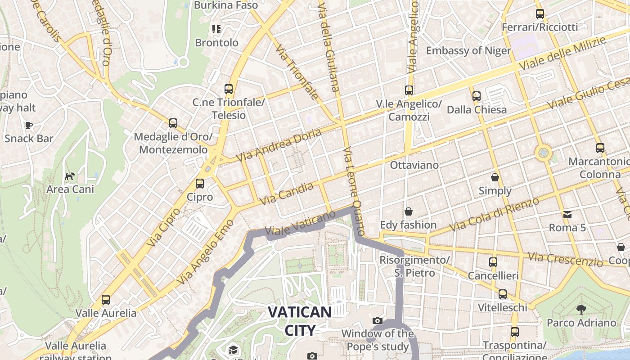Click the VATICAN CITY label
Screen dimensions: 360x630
(300, 321)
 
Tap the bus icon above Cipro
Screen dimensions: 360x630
(200, 184)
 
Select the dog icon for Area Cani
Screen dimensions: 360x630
(70, 176)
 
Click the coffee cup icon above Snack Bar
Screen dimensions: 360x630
(29, 125)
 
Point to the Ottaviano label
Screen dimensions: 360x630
(414, 165)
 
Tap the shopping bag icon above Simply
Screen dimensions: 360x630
(495, 177)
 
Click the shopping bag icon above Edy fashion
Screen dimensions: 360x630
(409, 211)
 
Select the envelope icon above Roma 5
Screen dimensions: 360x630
(567, 214)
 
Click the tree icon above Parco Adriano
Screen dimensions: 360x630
(581, 309)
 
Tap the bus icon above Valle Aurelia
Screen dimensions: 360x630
(106, 299)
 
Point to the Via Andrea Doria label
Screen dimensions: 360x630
(279, 145)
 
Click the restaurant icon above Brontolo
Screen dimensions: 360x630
(216, 29)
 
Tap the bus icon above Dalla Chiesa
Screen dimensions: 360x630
(477, 96)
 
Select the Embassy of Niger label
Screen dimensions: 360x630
(468, 50)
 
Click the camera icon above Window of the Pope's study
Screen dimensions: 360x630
(378, 320)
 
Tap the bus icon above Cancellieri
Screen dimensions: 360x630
(493, 262)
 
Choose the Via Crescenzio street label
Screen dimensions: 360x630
(565, 259)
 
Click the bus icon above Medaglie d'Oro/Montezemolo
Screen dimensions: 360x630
(173, 123)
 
